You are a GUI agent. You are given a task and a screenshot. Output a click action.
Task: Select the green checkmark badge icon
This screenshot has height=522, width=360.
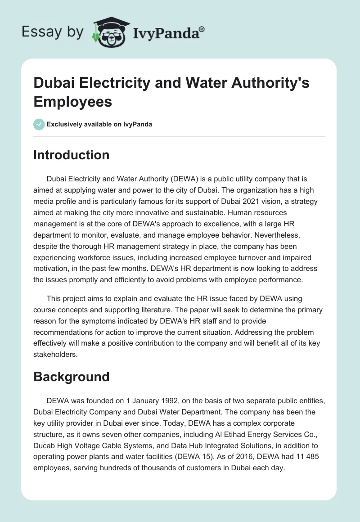point(39,124)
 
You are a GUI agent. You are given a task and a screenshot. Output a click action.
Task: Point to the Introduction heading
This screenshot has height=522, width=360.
point(72,155)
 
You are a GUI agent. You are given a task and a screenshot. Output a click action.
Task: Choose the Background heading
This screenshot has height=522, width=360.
point(72,376)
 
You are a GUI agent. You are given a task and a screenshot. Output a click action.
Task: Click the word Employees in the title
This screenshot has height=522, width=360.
point(73,101)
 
